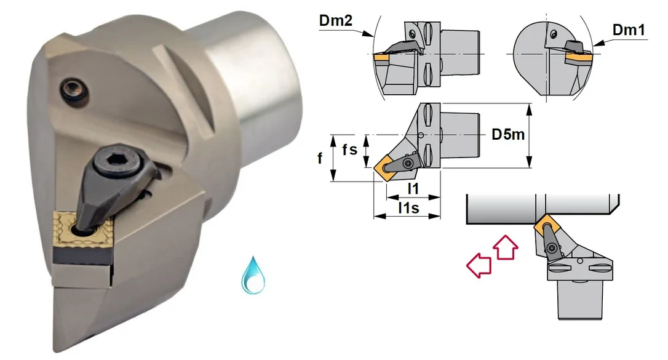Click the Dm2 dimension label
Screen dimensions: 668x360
click(x=336, y=21)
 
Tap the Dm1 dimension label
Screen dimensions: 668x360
click(x=629, y=30)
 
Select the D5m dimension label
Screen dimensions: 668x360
click(x=508, y=135)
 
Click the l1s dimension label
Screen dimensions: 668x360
click(x=408, y=208)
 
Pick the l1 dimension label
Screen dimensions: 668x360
click(x=413, y=188)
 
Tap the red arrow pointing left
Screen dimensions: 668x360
click(x=479, y=265)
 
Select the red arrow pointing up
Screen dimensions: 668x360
click(x=506, y=247)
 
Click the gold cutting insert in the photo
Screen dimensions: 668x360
click(x=82, y=231)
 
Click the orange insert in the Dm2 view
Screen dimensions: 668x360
click(x=382, y=57)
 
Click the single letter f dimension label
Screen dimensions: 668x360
click(x=320, y=159)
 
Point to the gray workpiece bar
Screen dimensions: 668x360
click(x=542, y=209)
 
